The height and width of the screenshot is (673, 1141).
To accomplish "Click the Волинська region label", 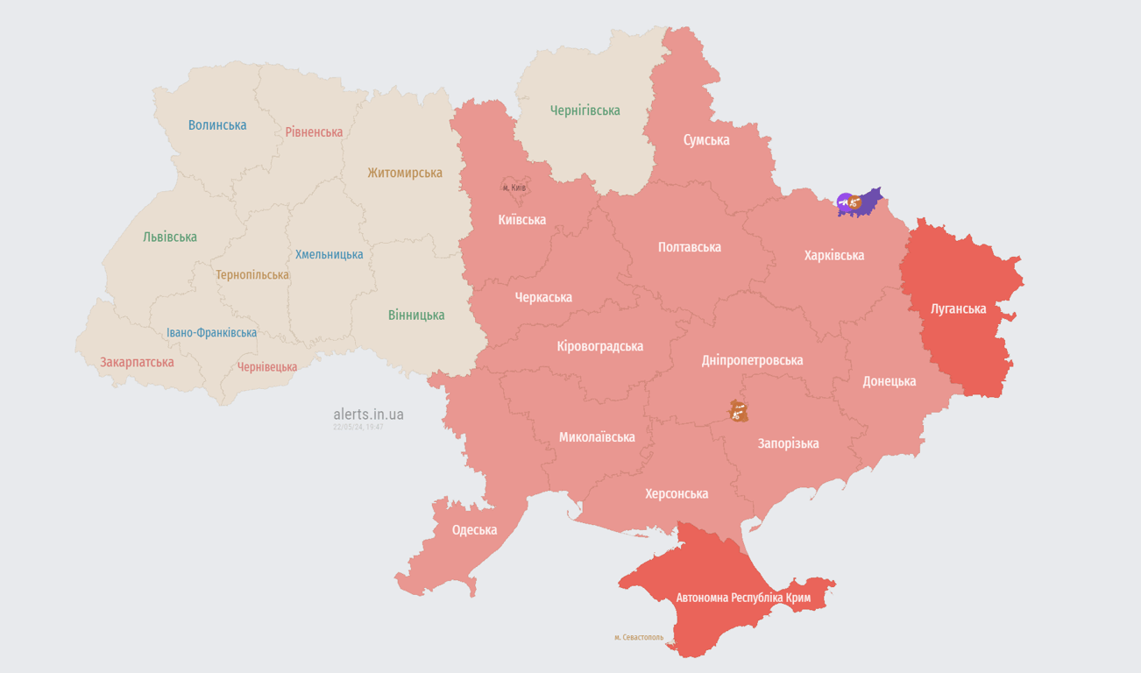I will tap(217, 125).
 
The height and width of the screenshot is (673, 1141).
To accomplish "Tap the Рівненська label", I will tap(314, 132).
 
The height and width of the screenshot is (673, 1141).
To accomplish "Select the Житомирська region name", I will tap(405, 173).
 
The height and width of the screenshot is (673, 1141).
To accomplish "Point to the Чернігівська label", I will tap(585, 110).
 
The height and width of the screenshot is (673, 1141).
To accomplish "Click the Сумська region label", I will tap(706, 140).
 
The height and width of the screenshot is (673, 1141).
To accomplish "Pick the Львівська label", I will tap(170, 237).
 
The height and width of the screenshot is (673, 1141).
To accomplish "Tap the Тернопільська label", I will tap(252, 275).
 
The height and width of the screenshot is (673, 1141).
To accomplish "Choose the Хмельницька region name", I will tap(329, 255).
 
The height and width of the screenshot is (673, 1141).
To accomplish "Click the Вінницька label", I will tap(416, 315).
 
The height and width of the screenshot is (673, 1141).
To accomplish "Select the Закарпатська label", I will tap(137, 362).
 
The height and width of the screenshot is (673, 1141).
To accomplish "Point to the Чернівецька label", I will tap(267, 367).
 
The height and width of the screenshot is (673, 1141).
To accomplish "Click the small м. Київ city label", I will tap(514, 188).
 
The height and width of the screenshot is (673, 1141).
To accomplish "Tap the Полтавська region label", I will tap(690, 247).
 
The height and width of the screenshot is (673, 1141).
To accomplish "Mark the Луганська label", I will tap(958, 309).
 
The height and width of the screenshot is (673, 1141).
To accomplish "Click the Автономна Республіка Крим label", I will tap(743, 598).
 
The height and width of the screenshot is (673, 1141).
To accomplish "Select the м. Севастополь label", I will tap(639, 637).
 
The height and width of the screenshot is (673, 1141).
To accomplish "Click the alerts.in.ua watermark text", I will tap(368, 414).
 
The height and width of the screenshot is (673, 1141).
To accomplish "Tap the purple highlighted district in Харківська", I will tap(868, 201).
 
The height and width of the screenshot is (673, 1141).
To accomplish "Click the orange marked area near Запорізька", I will tap(738, 410).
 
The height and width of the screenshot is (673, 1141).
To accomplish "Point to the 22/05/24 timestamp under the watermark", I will tap(358, 427).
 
